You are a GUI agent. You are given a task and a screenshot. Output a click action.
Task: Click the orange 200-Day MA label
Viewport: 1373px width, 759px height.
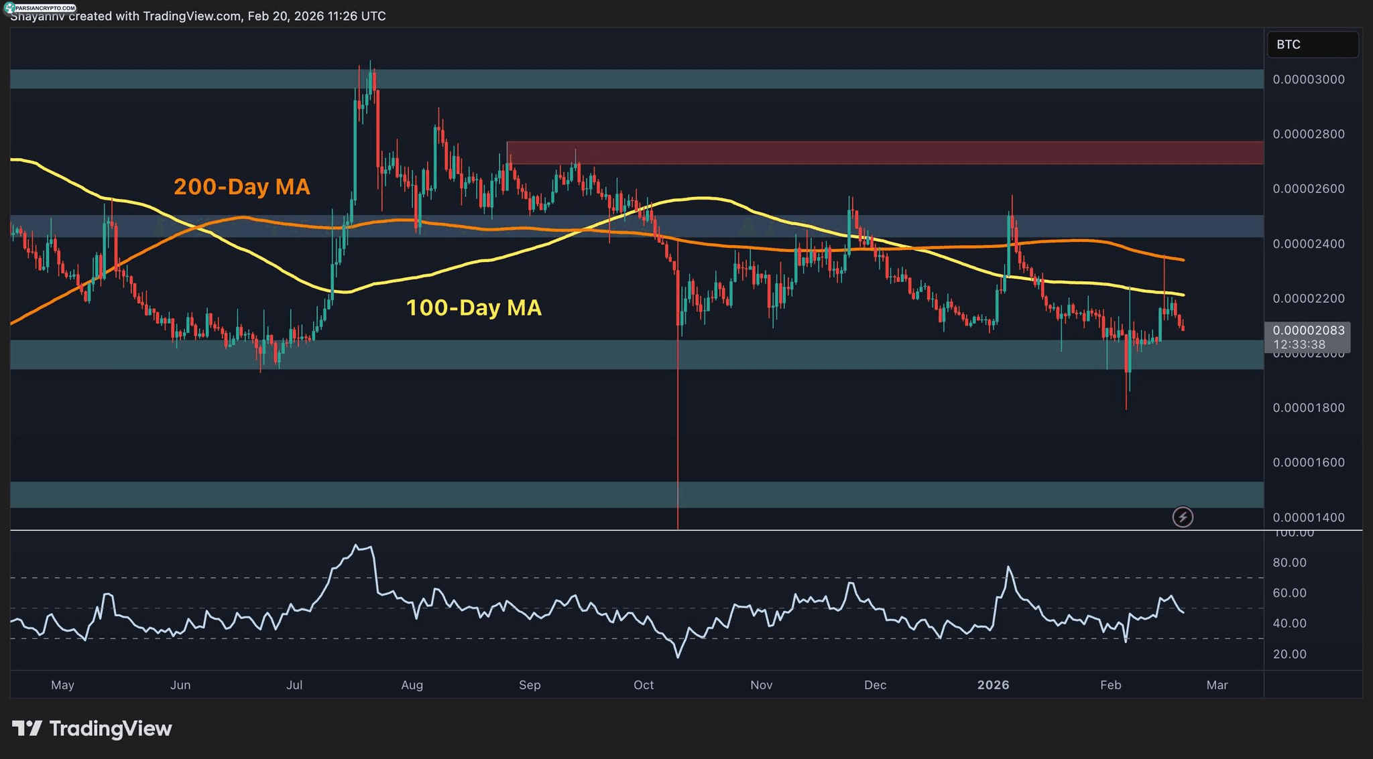(x=241, y=187)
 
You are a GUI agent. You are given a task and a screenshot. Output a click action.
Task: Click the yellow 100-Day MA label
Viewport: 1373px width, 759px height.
(x=473, y=308)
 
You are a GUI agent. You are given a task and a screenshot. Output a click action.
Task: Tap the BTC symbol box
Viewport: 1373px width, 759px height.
(x=1312, y=45)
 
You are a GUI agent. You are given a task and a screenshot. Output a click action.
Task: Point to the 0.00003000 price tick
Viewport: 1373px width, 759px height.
(x=1308, y=80)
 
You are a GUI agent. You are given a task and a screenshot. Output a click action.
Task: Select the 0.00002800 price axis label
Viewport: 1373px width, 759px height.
(x=1308, y=135)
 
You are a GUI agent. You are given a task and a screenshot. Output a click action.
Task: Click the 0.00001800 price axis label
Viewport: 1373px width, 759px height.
(x=1308, y=408)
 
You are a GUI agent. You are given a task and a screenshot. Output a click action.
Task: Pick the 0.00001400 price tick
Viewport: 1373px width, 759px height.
(x=1308, y=518)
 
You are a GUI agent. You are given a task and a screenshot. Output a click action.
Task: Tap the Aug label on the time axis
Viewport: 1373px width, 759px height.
(x=412, y=685)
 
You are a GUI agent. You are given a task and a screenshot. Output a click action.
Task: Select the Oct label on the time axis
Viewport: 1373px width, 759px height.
(x=644, y=685)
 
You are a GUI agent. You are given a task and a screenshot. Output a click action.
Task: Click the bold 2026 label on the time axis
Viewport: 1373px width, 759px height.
(x=993, y=685)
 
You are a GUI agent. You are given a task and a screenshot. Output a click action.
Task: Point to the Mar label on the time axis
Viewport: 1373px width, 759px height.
(x=1217, y=685)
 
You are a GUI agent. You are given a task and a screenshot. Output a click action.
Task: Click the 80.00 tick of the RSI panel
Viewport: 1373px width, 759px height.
(x=1289, y=563)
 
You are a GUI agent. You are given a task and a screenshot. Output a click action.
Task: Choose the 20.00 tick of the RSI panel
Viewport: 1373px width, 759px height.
(x=1289, y=654)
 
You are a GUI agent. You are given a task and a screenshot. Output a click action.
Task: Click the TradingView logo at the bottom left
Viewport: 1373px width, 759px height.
(x=92, y=729)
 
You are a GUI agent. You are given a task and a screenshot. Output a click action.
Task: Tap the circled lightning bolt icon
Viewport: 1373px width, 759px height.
(x=1183, y=517)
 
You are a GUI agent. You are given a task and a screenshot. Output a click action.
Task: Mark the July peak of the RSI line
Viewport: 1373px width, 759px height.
(x=355, y=545)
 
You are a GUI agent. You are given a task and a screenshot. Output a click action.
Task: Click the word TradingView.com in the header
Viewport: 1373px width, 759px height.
(x=192, y=16)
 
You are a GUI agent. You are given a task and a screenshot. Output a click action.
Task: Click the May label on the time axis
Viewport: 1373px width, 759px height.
(x=62, y=685)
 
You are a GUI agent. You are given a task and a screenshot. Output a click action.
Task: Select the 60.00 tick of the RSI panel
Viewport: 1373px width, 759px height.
(x=1289, y=594)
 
